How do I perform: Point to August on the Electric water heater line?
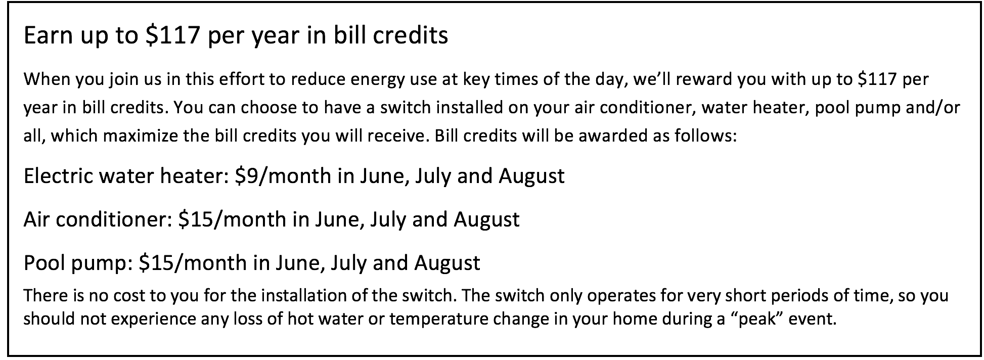[x=531, y=176]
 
